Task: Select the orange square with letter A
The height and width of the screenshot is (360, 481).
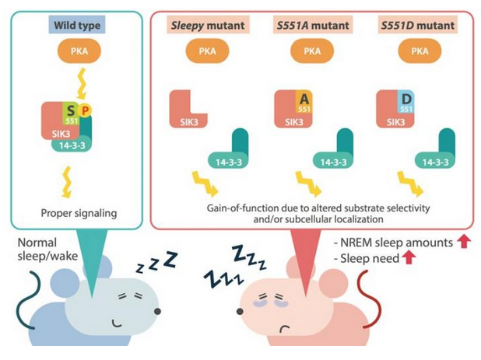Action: pos(305,100)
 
